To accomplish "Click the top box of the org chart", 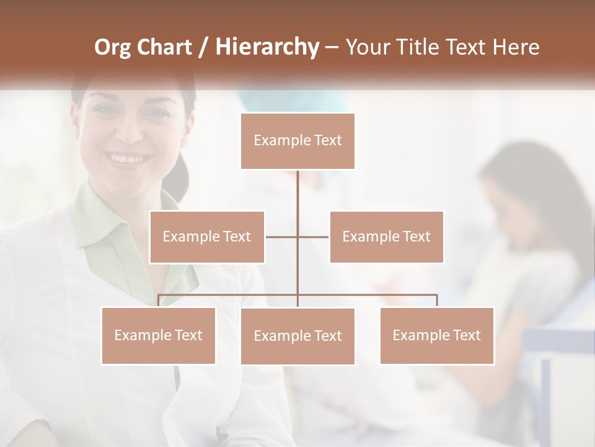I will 297,141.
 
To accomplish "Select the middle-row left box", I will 207,237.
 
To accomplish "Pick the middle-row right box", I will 386,237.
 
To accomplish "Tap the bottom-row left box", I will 158,335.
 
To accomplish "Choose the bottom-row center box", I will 297,336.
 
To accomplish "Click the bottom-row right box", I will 436,335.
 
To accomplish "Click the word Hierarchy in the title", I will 267,47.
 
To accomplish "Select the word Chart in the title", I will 167,47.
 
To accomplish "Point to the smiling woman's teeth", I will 129,159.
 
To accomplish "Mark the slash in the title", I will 203,47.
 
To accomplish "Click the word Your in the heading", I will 368,47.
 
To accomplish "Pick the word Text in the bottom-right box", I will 466,335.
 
